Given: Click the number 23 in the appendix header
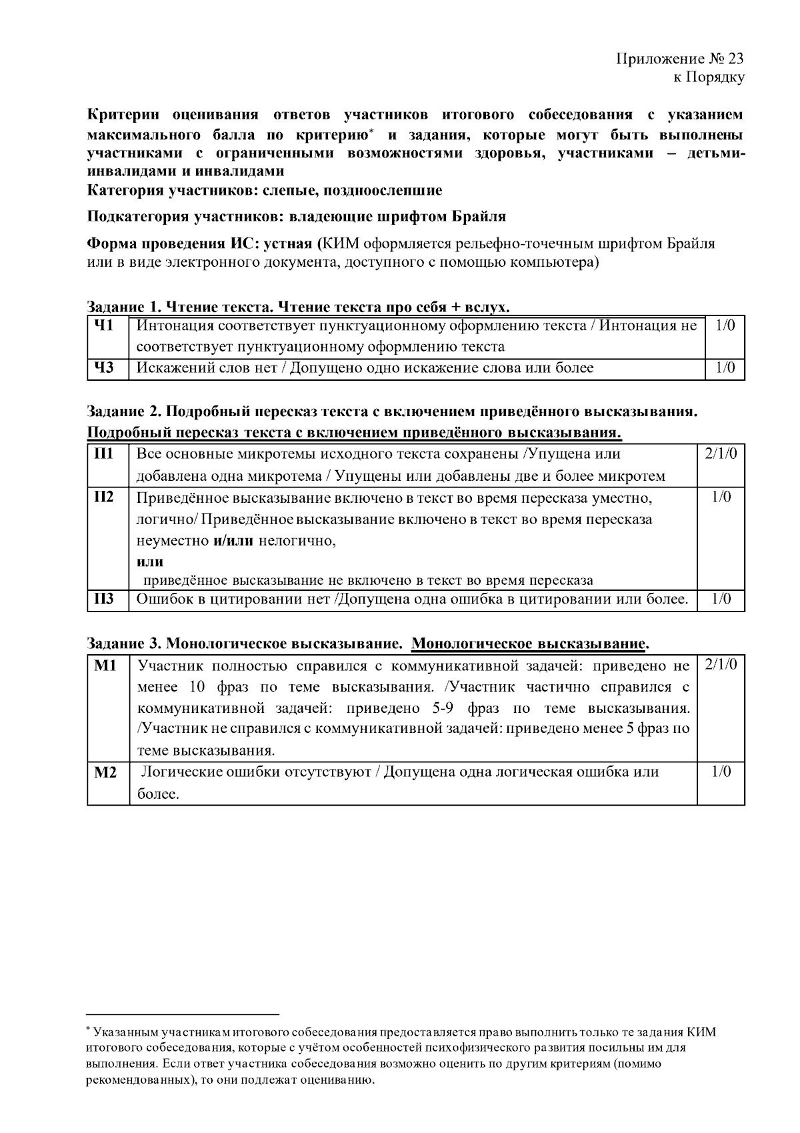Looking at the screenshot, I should (734, 59).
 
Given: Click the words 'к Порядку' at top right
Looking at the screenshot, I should (708, 77).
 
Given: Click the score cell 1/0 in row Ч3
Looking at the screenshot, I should (725, 367).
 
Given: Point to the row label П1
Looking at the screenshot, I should (102, 454).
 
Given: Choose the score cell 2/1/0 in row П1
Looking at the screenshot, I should (721, 454).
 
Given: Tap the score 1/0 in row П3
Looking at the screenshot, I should (721, 600).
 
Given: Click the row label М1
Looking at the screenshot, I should (105, 666).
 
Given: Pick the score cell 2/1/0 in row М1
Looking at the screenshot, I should (721, 666).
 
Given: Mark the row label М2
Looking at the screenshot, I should (105, 772).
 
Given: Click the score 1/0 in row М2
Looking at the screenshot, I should (721, 772).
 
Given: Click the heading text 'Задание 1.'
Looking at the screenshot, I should (124, 307).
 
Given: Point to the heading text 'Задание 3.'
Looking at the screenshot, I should (124, 644).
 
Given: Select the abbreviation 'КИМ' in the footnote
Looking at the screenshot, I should (701, 1032).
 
